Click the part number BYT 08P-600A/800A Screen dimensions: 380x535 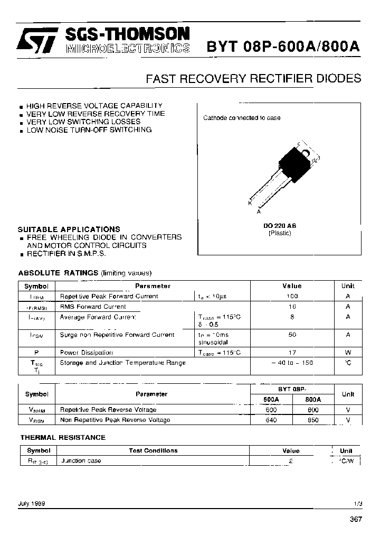tap(282, 47)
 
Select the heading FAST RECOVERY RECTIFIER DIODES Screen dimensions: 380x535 tap(253, 78)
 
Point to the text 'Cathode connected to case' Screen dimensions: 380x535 tap(242, 118)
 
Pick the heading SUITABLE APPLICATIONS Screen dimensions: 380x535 tap(69, 229)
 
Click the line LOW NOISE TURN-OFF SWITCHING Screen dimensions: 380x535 tap(89, 130)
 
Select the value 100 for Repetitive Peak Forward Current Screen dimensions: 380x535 tap(292, 297)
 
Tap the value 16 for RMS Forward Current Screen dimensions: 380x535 tap(292, 307)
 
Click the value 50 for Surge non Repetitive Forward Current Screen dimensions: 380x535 tap(292, 335)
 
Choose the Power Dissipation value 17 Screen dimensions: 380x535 tap(292, 353)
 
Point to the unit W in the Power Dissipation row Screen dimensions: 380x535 tap(348, 353)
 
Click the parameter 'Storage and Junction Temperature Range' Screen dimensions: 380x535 tap(123, 363)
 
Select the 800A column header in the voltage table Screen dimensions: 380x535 tap(313, 400)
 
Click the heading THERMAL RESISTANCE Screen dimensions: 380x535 tap(63, 437)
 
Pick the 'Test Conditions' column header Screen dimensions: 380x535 tap(153, 450)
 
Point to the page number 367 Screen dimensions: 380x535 tap(356, 520)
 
